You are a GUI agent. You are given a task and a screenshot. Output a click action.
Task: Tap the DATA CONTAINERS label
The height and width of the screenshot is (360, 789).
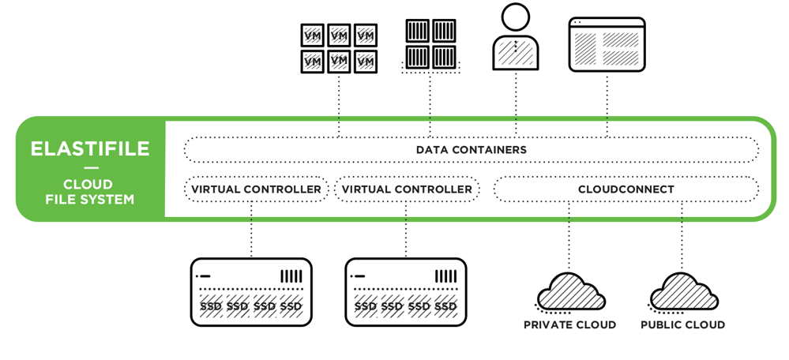(x=471, y=149)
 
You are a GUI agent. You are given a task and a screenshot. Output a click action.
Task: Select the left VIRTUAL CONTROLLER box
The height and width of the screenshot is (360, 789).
(x=256, y=189)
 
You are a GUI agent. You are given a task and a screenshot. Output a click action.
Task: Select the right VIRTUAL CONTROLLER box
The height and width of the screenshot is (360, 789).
(x=407, y=189)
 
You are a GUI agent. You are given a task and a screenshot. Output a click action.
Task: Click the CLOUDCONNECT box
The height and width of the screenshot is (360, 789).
(x=626, y=189)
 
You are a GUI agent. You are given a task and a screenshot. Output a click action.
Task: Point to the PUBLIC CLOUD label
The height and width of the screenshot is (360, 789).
(x=682, y=324)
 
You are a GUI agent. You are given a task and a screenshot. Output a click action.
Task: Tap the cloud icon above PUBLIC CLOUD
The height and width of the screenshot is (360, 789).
(x=684, y=291)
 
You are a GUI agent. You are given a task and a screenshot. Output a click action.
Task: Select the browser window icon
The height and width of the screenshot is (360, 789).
(x=607, y=46)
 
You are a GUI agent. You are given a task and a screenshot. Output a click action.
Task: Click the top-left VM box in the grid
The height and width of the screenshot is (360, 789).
(x=313, y=36)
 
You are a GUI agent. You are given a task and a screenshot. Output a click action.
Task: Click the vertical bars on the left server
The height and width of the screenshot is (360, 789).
(x=291, y=277)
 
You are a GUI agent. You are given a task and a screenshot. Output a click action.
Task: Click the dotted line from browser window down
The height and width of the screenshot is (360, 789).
(x=607, y=103)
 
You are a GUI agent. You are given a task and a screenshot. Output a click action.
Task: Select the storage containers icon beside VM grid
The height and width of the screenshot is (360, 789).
(x=430, y=44)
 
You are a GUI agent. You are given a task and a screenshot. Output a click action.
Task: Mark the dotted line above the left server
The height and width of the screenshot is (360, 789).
(x=252, y=229)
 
